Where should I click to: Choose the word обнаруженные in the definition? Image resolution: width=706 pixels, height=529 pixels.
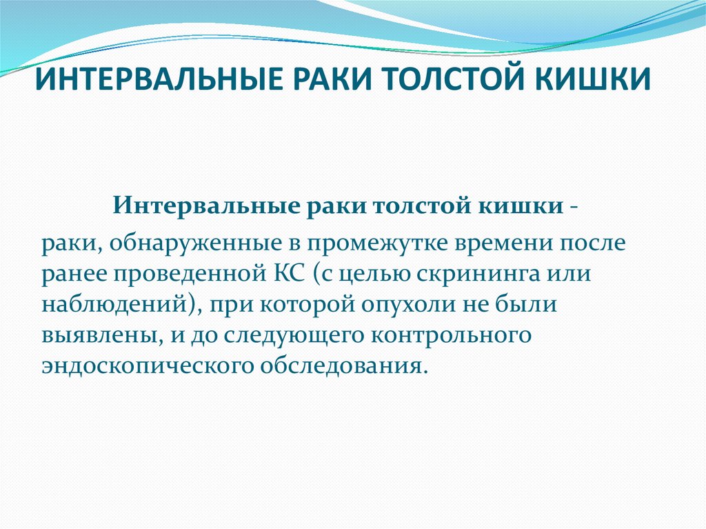[180, 244]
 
